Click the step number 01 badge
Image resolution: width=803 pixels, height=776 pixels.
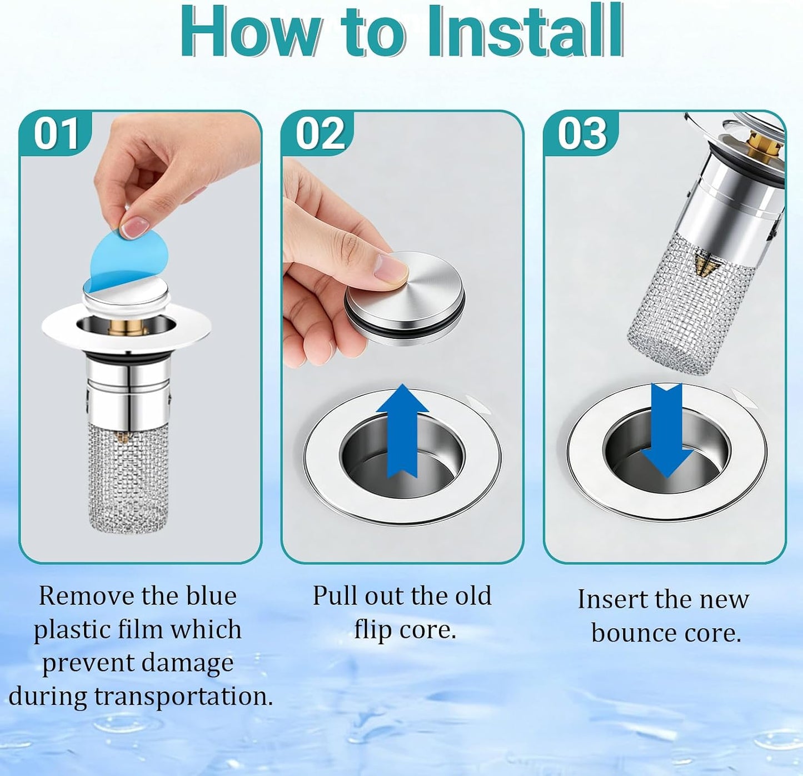point(56,133)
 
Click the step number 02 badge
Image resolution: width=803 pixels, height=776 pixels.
point(318,133)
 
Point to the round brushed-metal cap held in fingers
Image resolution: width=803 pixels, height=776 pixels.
point(405,297)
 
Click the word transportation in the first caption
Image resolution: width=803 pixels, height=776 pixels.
point(183,697)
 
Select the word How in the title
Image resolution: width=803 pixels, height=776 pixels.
point(251,31)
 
